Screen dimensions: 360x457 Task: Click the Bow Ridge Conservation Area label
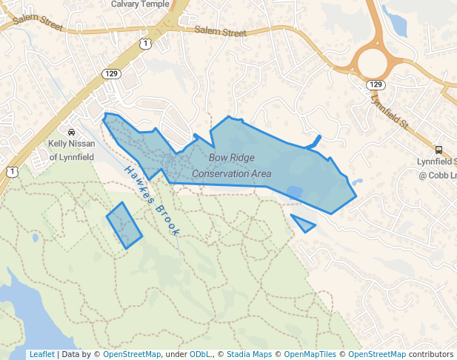pos(232,166)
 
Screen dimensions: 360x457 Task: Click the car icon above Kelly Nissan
pos(71,131)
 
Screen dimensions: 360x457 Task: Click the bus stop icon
pos(439,149)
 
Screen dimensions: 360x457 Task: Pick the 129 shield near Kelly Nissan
pos(112,73)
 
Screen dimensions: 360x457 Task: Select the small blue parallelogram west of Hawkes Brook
pos(124,225)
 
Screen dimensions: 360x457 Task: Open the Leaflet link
pos(41,354)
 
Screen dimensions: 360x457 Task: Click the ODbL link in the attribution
pos(199,354)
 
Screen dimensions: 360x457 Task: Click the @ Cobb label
pos(437,176)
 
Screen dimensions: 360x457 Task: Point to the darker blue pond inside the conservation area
pos(294,192)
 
